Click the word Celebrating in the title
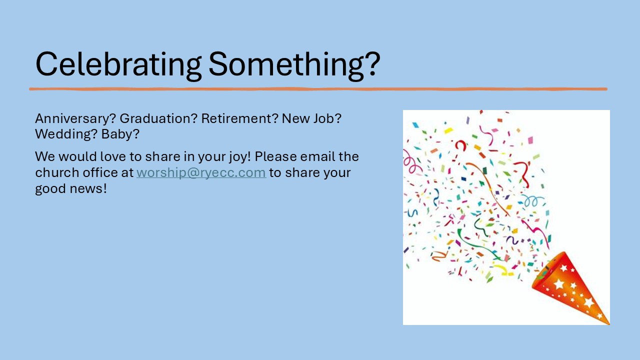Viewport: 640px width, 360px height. [118, 65]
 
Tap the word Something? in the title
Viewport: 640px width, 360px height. [294, 65]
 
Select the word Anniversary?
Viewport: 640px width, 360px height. [75, 119]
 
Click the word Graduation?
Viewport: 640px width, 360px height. [158, 118]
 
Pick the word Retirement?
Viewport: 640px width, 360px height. [239, 118]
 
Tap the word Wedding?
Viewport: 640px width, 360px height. [66, 134]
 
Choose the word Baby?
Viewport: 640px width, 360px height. [120, 134]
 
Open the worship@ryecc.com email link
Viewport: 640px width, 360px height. [201, 173]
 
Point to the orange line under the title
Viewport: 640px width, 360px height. [318, 89]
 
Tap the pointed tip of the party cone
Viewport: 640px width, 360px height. [609, 324]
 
